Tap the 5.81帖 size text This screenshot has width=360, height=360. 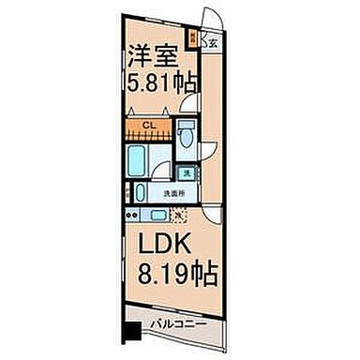[161, 82]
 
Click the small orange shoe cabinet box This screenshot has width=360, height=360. [193, 39]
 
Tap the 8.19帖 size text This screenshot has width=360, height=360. [178, 276]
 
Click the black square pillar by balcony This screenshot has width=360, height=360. [133, 331]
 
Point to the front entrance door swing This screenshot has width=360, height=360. [216, 21]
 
